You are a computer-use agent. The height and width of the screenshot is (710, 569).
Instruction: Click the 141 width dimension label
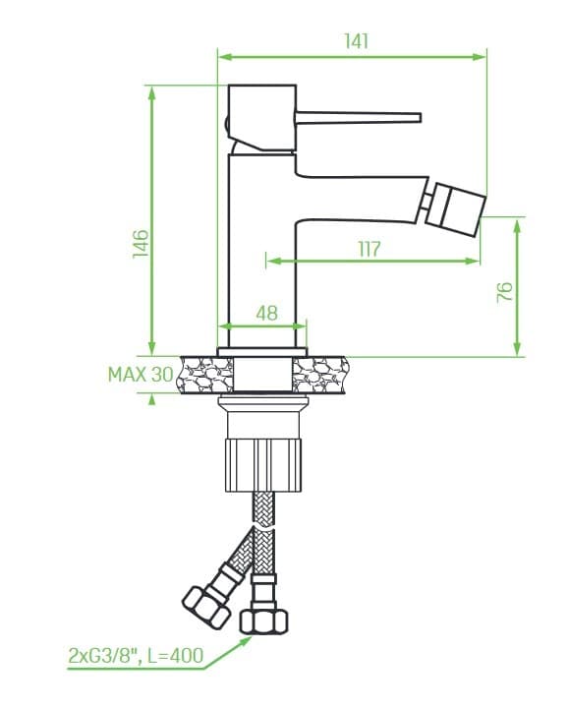(357, 41)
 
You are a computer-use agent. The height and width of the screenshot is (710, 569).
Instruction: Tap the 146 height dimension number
(141, 244)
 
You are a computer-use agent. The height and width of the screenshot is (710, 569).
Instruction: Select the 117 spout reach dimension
(370, 249)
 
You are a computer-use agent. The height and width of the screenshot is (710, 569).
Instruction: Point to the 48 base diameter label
(266, 313)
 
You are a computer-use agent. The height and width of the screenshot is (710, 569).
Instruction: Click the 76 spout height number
(505, 292)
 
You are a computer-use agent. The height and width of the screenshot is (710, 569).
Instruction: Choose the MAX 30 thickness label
(141, 375)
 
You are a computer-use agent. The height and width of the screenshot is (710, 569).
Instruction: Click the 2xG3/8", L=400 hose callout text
(136, 655)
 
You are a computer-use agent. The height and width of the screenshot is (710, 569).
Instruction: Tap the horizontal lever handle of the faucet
(358, 117)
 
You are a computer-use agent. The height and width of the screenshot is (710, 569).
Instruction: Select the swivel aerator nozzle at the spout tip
(454, 209)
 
